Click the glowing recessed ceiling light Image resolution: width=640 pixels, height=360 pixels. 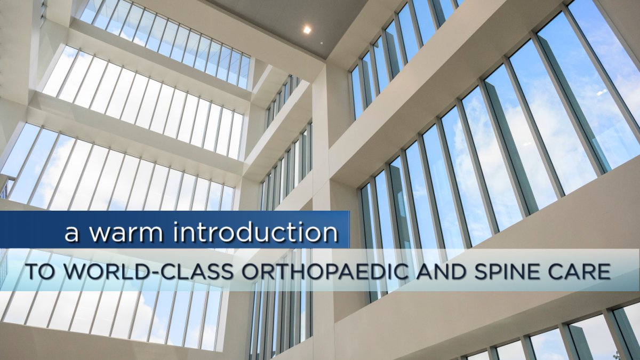click(x=307, y=30)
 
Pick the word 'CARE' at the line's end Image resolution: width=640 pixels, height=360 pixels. click(x=580, y=271)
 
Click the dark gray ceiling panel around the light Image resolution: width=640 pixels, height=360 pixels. click(x=277, y=21)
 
